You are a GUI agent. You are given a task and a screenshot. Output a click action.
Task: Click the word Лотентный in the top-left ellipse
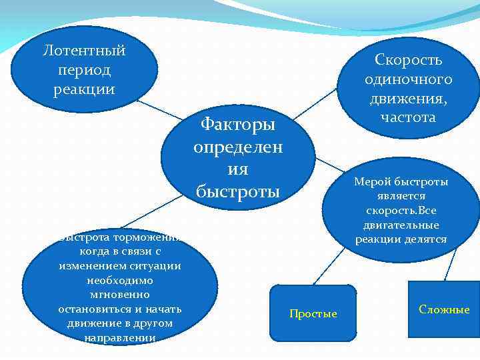click(84, 51)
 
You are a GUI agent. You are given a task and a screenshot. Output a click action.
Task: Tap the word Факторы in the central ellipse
click(238, 125)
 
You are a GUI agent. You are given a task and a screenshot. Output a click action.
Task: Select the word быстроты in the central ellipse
click(238, 191)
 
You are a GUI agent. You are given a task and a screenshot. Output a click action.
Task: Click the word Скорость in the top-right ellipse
click(408, 60)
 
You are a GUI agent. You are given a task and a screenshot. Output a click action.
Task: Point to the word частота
click(408, 117)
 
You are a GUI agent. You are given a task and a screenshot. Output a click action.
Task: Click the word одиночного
click(408, 79)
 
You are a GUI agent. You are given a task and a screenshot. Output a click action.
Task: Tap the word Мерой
click(372, 182)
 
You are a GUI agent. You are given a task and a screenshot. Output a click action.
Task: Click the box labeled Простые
click(313, 313)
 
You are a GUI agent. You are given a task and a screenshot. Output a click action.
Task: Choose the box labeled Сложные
click(444, 310)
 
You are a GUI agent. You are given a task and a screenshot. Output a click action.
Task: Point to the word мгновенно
click(119, 294)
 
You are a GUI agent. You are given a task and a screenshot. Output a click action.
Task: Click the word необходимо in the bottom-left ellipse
click(119, 280)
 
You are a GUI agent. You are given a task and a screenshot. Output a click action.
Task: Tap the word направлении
click(120, 337)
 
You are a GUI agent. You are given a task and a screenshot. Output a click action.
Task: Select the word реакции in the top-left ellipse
click(84, 89)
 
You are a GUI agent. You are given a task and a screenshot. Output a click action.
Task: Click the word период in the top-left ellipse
click(84, 70)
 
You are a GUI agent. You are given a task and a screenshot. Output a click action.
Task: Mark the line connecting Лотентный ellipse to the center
click(160, 111)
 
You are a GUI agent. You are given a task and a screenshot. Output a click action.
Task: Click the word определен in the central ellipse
click(238, 147)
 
